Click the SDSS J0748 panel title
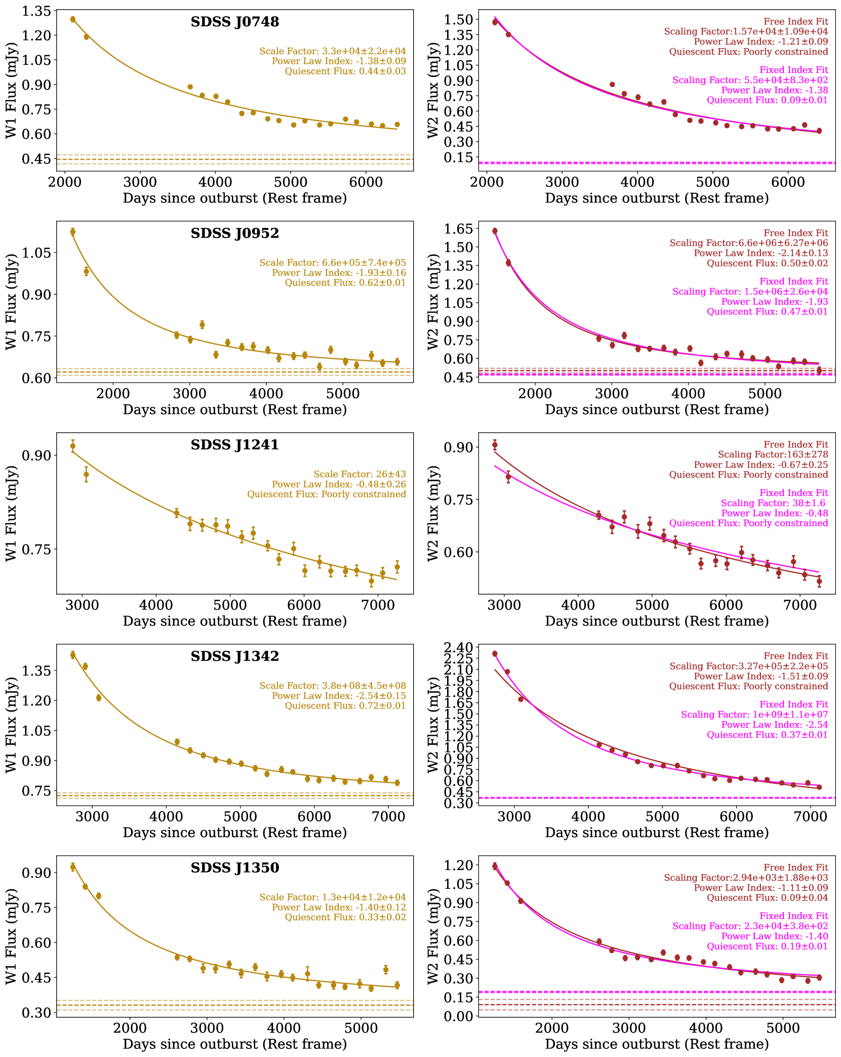coord(234,22)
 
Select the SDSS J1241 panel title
coord(234,445)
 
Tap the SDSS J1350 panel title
coord(234,868)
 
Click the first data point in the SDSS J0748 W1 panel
coord(73,19)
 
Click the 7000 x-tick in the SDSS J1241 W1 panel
coord(378,604)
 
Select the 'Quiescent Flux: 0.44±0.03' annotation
coord(345,71)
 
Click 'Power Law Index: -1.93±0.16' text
coord(339,273)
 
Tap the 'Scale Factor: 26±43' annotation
coord(359,475)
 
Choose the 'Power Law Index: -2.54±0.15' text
coord(339,696)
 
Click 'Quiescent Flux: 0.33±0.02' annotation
coord(345,917)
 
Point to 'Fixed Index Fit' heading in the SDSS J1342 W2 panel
coord(793,704)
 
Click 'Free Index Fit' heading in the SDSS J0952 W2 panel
coord(795,233)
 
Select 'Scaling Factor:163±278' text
coord(773,455)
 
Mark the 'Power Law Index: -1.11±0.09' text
coord(760,888)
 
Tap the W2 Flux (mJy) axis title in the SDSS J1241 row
coord(433,513)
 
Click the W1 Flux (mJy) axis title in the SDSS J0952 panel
coord(11,302)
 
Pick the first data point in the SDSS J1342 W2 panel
coord(495,654)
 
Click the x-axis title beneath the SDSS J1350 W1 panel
coord(234,1044)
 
